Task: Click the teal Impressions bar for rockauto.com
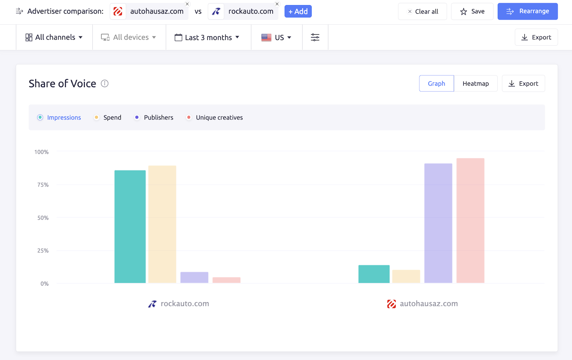[130, 227]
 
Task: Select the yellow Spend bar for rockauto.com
[162, 224]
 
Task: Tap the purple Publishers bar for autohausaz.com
[438, 223]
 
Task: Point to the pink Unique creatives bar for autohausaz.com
[470, 221]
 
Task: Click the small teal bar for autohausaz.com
[374, 274]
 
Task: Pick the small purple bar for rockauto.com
[194, 277]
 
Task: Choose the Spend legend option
[108, 118]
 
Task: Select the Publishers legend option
[154, 118]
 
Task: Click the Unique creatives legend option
[215, 118]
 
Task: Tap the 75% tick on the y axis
[43, 185]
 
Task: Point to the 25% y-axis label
[43, 251]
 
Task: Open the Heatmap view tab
[475, 84]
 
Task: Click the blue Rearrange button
[527, 11]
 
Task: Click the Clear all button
[422, 11]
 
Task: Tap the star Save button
[472, 11]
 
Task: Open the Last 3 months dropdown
[207, 38]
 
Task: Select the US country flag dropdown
[276, 38]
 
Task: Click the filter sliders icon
[315, 38]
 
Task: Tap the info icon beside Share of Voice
[104, 84]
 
